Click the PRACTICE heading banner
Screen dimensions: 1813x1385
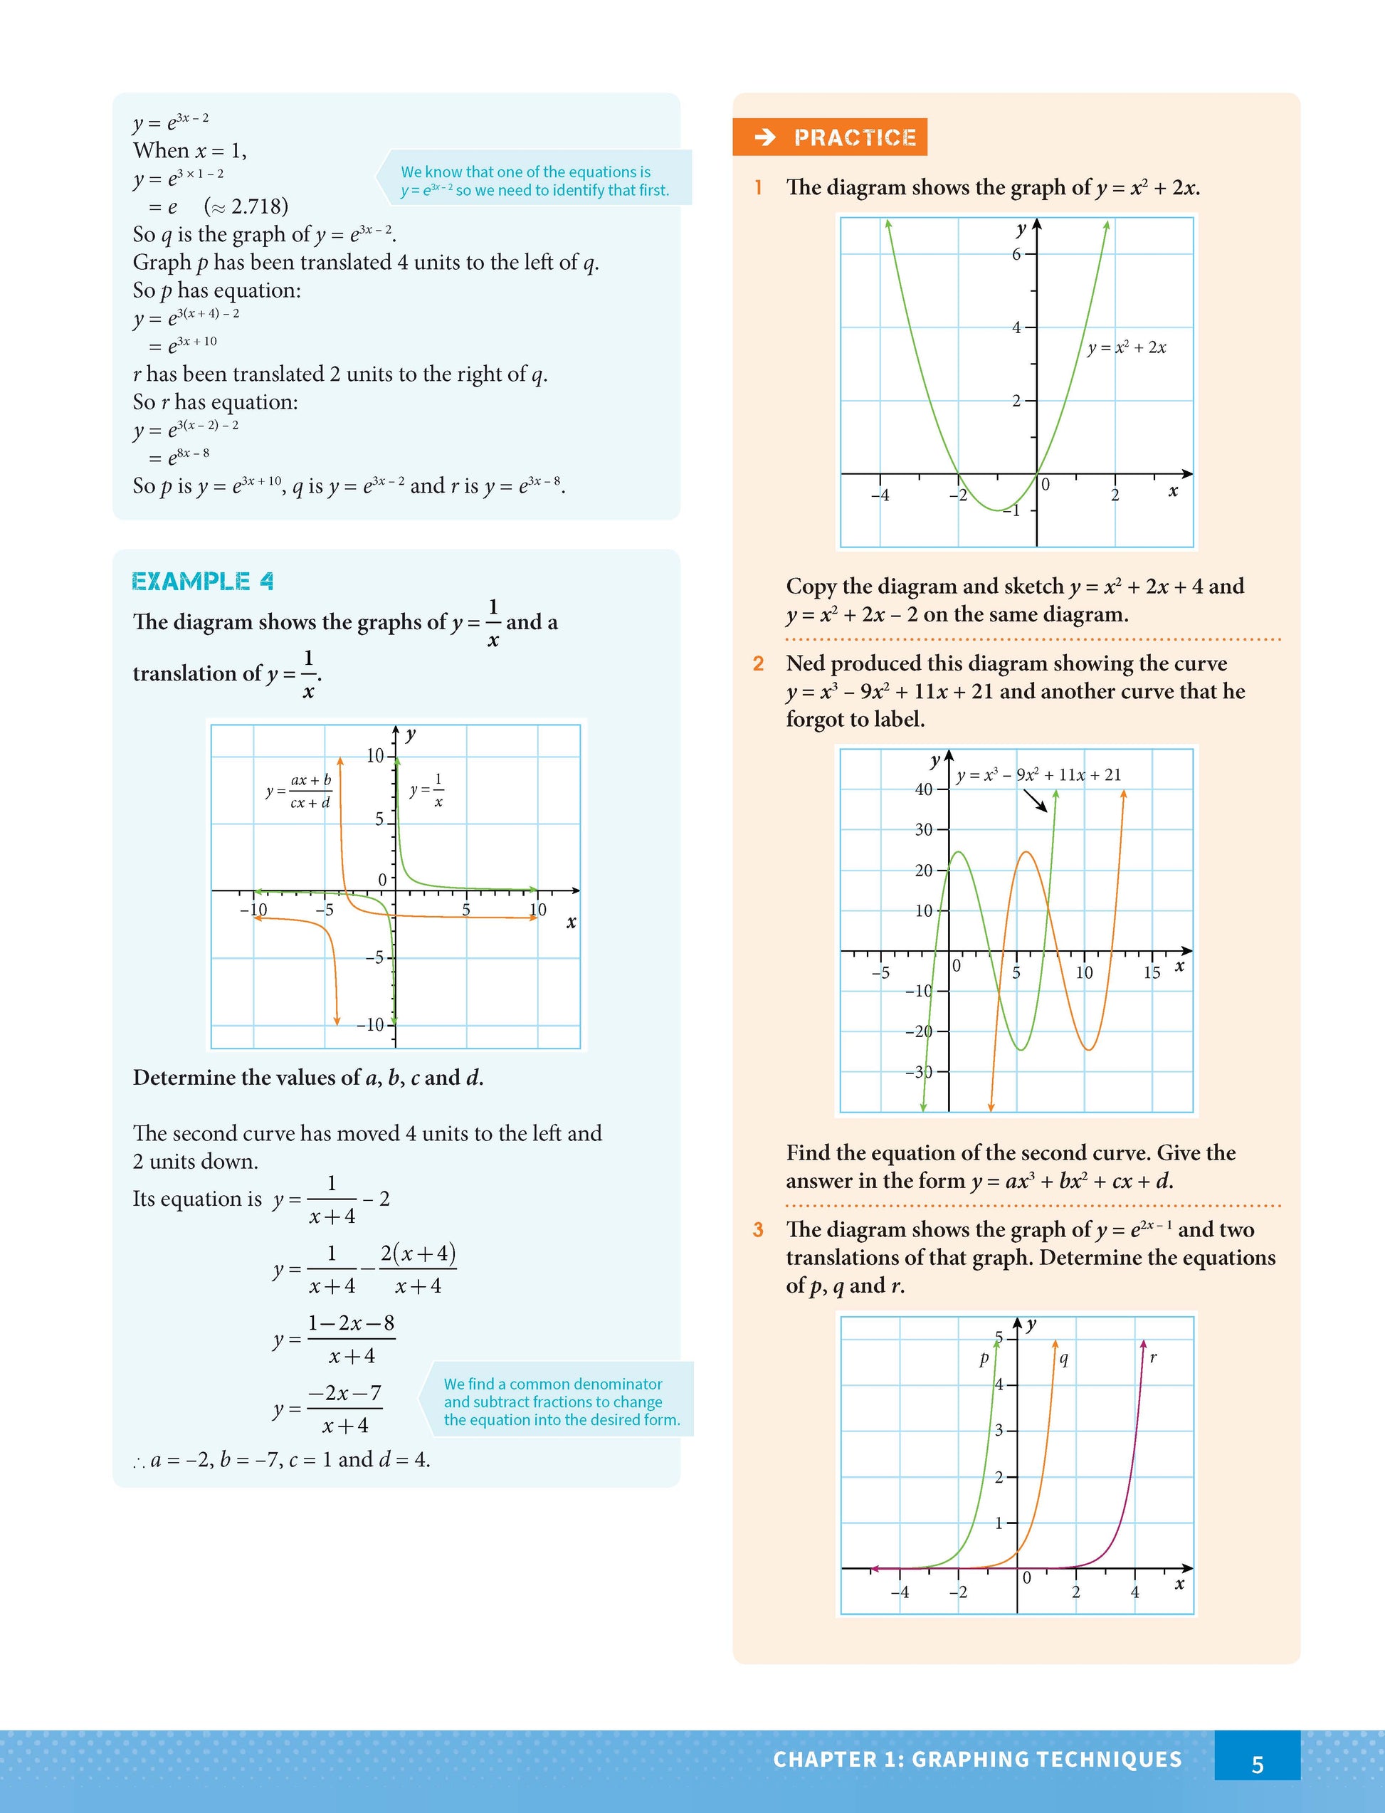click(829, 137)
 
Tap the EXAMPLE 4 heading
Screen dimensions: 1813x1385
click(203, 582)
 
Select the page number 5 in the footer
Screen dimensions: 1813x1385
click(1257, 1765)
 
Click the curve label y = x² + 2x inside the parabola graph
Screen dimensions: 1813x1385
click(1126, 347)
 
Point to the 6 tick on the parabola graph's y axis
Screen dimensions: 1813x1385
click(1017, 254)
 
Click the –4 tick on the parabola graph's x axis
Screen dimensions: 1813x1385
click(880, 495)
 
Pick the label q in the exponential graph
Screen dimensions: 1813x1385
click(1063, 1359)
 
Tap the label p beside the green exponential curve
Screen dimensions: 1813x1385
click(984, 1359)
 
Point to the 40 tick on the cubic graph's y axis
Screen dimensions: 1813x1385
click(924, 789)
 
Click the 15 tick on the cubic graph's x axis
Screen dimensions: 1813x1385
click(1152, 973)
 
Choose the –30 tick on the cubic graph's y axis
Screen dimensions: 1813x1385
click(920, 1072)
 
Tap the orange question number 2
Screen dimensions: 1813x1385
click(759, 663)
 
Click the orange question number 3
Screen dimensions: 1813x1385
click(759, 1230)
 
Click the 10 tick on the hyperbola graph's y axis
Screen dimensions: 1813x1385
click(375, 756)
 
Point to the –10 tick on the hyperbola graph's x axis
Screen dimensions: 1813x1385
click(253, 910)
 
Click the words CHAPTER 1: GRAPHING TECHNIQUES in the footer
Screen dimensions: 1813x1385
click(977, 1760)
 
